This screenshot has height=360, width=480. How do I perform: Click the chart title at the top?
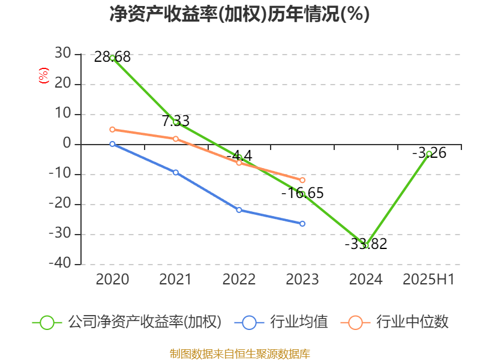pos(239,14)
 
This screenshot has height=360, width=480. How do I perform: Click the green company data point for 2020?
pos(112,58)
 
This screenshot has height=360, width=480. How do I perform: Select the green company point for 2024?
pos(365,245)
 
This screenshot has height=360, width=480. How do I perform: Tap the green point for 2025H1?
pos(429,154)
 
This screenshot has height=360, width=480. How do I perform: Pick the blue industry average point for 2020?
pos(112,144)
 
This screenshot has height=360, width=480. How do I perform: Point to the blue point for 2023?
pos(302,224)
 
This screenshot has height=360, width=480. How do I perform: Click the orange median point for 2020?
pos(112,130)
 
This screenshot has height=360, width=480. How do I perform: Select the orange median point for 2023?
pos(302,180)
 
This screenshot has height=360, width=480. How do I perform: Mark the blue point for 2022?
pos(239,210)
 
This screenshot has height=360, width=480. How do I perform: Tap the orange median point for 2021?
pos(176,139)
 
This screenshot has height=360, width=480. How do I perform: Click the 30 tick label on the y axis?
pos(62,55)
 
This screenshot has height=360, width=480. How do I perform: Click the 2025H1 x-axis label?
pos(429,280)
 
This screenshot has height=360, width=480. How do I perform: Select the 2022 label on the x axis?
pos(239,280)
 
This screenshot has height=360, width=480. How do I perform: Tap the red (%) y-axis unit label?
pos(43,76)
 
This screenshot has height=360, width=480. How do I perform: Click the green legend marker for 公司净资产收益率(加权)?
pos(47,322)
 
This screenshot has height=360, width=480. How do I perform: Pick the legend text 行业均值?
pos(299,322)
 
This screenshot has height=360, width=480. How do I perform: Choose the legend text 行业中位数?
pos(412,322)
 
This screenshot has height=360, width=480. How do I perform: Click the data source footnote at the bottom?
pos(239,353)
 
